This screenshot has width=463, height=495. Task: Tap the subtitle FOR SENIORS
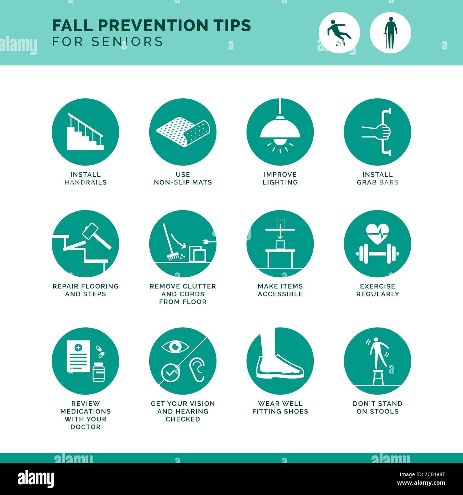pyautogui.click(x=108, y=42)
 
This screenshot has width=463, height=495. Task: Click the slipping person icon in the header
pyautogui.click(x=339, y=33)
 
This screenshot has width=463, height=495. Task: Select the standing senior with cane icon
pyautogui.click(x=390, y=33)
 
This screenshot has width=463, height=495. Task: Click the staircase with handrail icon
pyautogui.click(x=85, y=132)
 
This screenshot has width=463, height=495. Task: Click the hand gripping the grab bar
pyautogui.click(x=383, y=132)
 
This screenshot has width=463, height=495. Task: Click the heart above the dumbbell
pyautogui.click(x=378, y=233)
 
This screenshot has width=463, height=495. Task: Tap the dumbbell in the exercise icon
pyautogui.click(x=378, y=254)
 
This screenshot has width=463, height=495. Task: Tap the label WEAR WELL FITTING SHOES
pyautogui.click(x=280, y=407)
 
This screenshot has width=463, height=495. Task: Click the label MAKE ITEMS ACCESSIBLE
pyautogui.click(x=280, y=290)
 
